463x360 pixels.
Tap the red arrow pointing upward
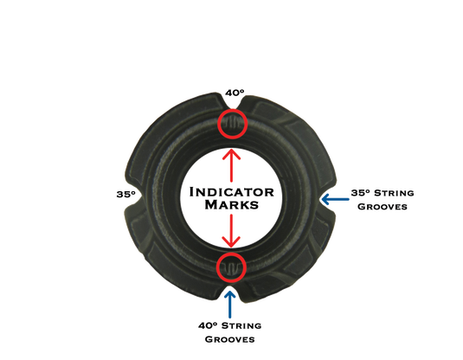[232, 165]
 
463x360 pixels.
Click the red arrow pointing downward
[232, 231]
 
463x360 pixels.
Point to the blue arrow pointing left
[335, 199]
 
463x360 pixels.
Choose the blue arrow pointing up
[230, 305]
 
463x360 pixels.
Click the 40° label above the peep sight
[235, 93]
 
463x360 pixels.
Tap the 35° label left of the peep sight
[126, 195]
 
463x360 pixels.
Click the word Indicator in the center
[232, 192]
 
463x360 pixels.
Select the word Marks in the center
[232, 204]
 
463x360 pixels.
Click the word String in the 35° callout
[394, 193]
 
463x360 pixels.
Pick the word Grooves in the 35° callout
[383, 207]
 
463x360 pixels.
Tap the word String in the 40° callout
[241, 325]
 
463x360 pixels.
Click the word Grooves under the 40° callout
[229, 339]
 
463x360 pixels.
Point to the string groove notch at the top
[232, 103]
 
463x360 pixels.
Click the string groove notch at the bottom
[231, 291]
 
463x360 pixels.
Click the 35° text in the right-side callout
[361, 193]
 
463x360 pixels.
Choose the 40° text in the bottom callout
[208, 325]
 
